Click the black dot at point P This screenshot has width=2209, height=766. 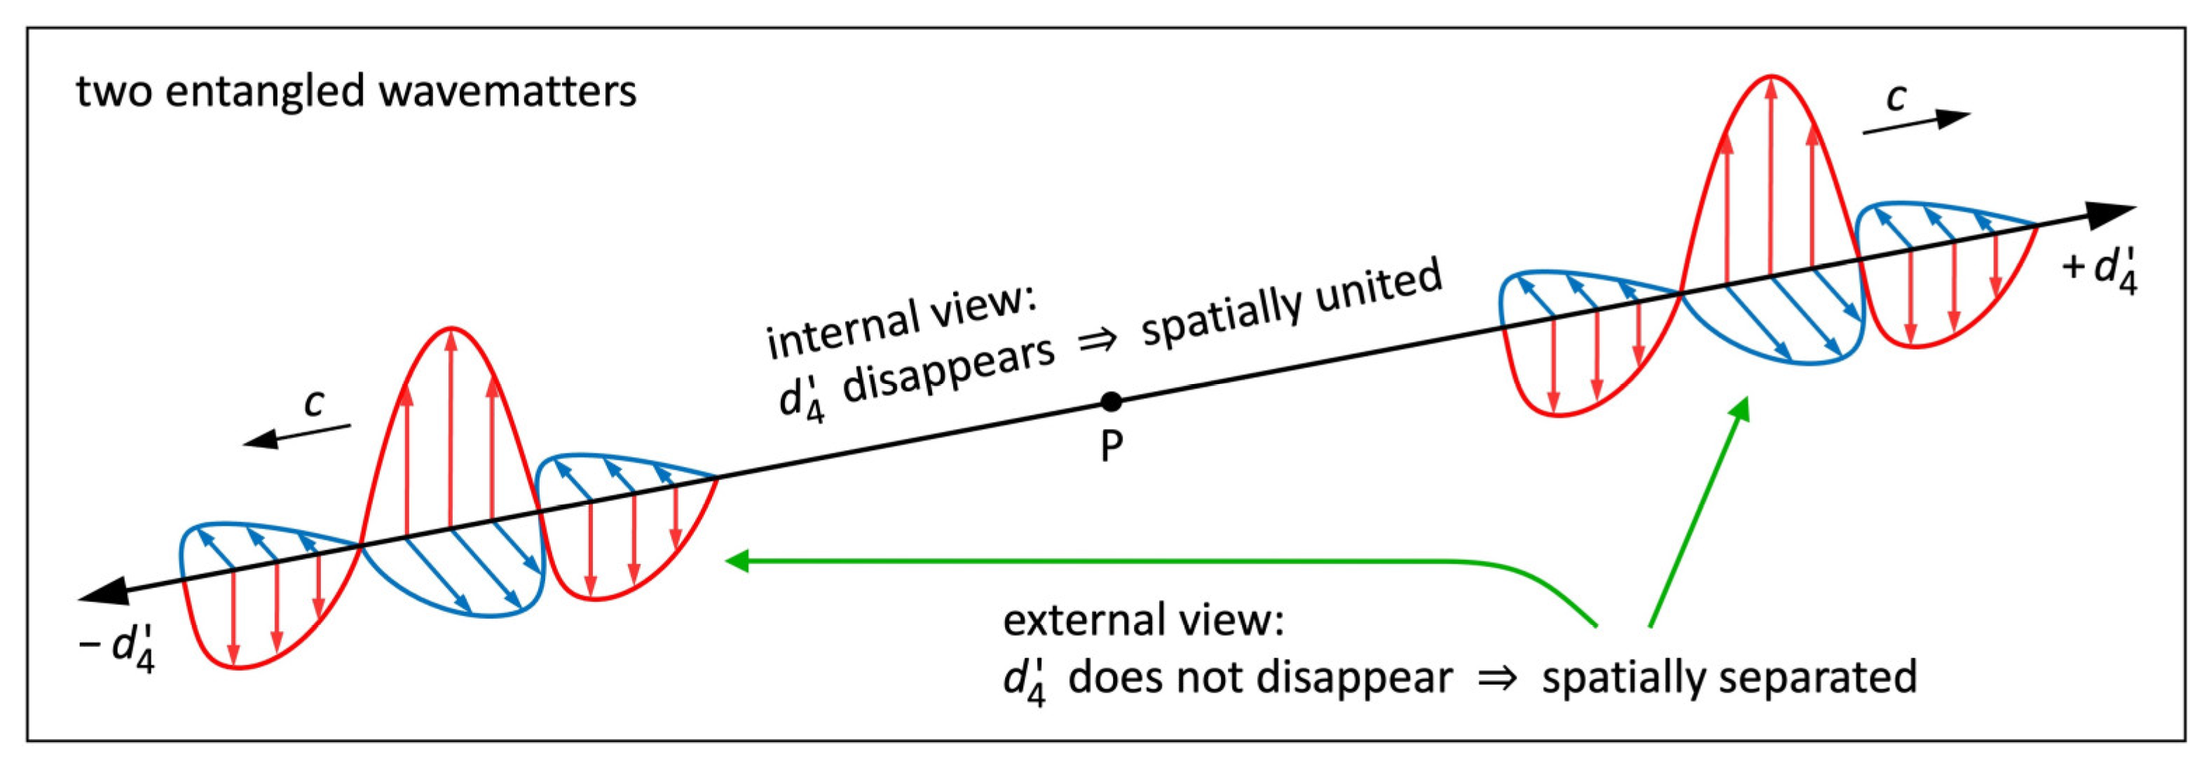[1111, 401]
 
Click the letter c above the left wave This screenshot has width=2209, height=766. [315, 402]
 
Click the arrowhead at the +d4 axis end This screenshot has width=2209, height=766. [2113, 215]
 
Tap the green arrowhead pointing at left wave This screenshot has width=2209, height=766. [737, 561]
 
